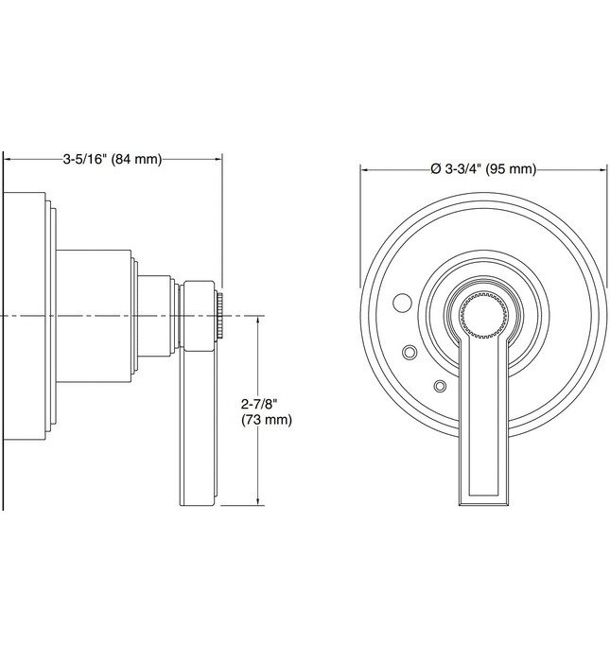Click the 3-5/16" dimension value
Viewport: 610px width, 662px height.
(85, 159)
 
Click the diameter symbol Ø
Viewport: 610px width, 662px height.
(435, 169)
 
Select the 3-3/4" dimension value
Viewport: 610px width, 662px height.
(463, 169)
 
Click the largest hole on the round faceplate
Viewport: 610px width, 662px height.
(400, 305)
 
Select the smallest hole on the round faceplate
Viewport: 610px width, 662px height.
(439, 386)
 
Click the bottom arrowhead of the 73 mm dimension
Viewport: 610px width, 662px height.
(257, 500)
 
